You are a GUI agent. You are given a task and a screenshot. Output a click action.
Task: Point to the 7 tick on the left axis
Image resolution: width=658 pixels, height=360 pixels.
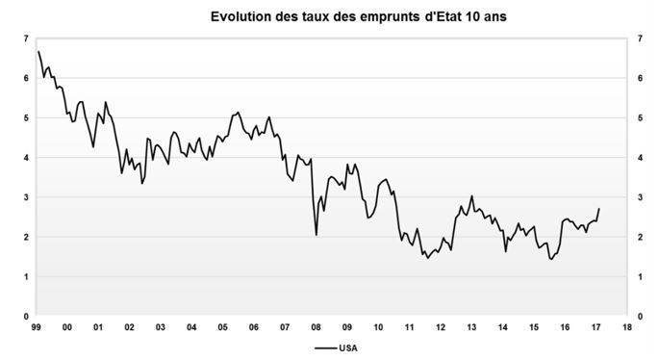tap(25, 38)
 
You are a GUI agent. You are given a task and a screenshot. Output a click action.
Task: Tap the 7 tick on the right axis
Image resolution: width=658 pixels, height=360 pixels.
tap(640, 38)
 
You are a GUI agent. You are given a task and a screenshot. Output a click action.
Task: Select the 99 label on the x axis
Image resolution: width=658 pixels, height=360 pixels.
tap(36, 327)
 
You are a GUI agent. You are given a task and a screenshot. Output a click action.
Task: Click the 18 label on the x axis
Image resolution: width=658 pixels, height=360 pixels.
tap(626, 327)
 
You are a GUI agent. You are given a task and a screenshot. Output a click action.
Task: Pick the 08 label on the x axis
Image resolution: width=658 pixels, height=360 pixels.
tap(316, 327)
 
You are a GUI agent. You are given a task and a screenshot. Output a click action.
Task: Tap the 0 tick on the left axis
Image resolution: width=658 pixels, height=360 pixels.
tap(25, 316)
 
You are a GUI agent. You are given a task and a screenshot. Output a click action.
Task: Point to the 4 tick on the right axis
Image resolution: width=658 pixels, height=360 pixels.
tap(640, 157)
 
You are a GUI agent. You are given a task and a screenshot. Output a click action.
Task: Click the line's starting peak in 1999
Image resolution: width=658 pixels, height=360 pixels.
tap(38, 51)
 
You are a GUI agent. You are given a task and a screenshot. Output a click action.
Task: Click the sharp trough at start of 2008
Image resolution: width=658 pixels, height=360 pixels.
tap(316, 234)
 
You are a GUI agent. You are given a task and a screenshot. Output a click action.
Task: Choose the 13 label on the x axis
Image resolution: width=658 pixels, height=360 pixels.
tap(471, 327)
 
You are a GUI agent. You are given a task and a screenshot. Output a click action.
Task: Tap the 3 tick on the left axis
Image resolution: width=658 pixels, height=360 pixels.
tap(25, 197)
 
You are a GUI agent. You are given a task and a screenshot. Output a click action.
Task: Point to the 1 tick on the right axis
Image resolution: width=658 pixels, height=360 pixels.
tap(640, 276)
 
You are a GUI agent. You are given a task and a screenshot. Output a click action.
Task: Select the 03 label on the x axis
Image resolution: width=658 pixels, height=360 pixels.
tap(160, 327)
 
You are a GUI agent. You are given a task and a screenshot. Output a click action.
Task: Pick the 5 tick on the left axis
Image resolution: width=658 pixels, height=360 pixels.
tap(25, 117)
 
